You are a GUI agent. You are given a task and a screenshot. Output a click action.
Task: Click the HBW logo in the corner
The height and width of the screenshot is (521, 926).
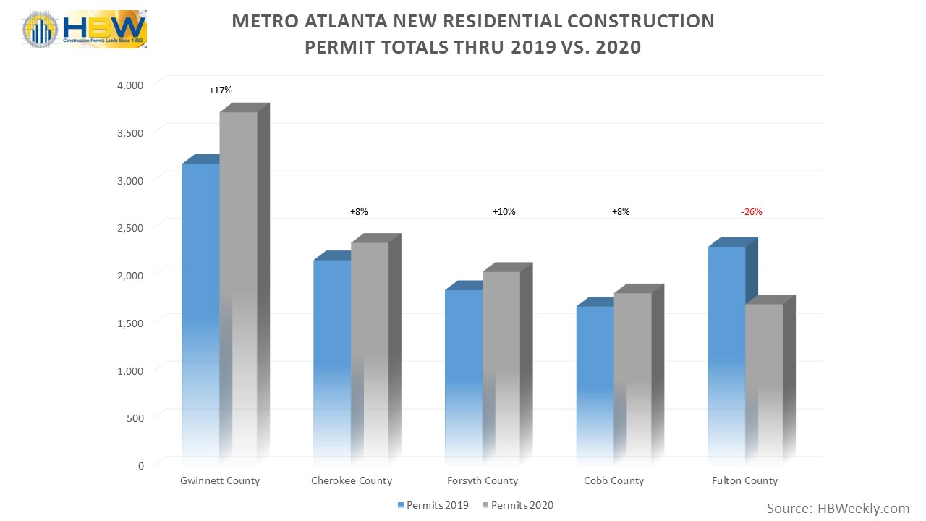[x=85, y=30]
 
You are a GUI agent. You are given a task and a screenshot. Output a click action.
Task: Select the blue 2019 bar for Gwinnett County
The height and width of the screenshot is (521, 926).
[x=200, y=311]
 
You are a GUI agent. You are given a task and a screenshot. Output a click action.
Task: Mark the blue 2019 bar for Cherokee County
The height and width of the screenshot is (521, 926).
[x=331, y=358]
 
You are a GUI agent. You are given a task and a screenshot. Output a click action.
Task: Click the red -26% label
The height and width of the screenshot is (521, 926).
[x=751, y=212]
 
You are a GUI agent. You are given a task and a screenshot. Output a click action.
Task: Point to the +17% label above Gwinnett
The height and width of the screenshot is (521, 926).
[x=220, y=90]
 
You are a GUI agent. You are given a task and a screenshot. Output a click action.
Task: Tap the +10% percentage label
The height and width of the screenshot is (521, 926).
[x=504, y=212]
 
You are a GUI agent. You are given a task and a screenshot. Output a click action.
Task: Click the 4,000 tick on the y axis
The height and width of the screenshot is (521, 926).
[x=131, y=85]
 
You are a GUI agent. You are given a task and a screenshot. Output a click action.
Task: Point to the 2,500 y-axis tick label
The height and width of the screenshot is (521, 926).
[x=131, y=227]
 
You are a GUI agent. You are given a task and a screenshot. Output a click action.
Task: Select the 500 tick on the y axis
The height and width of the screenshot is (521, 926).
[x=135, y=418]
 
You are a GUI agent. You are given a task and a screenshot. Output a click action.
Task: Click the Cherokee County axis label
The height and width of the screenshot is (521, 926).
[x=351, y=480]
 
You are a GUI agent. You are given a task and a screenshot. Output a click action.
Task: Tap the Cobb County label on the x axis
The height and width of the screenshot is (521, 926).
[x=613, y=480]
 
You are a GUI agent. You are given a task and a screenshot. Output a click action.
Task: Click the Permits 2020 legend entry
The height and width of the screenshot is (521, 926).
[x=522, y=504]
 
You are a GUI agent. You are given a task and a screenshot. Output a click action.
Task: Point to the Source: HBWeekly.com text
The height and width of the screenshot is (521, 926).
[x=838, y=509]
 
